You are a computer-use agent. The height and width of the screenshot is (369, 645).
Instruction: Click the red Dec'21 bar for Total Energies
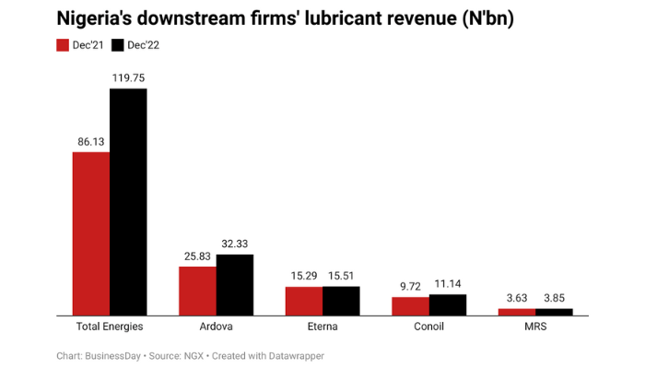(91, 233)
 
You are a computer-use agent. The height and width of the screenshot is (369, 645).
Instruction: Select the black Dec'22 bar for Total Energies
(128, 202)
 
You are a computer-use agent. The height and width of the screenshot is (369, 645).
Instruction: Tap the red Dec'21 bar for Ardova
(197, 291)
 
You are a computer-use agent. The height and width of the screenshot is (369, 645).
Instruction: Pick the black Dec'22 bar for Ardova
(234, 285)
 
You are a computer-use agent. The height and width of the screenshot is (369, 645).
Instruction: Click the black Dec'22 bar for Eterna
(341, 301)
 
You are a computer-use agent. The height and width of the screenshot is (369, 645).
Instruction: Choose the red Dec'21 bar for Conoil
(410, 305)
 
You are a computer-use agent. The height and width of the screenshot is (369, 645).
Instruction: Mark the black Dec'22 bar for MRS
(554, 312)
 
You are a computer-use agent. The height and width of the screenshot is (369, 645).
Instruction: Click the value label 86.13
(91, 142)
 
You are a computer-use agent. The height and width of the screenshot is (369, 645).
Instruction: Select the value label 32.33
(234, 244)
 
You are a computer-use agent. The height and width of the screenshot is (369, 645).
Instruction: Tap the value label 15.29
(303, 276)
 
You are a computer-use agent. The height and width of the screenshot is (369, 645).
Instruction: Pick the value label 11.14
(448, 284)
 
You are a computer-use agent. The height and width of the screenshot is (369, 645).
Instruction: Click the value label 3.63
(516, 298)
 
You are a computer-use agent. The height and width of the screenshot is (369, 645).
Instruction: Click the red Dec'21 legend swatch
(64, 44)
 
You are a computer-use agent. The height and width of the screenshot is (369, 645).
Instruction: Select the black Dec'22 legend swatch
(117, 44)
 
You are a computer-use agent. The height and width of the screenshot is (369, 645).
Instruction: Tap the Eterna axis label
(322, 327)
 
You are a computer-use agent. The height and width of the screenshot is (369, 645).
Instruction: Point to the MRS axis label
(535, 327)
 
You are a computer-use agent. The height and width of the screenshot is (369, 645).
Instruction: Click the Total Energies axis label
(110, 327)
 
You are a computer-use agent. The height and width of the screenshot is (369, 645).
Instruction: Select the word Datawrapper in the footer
(295, 355)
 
